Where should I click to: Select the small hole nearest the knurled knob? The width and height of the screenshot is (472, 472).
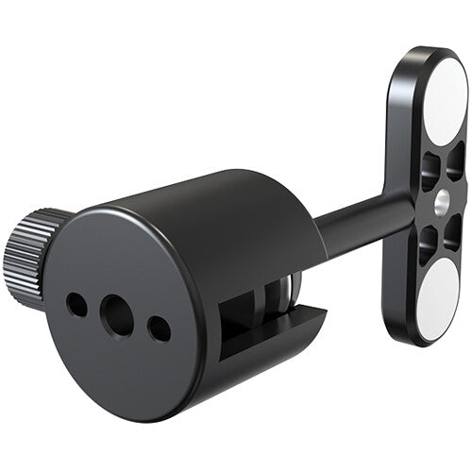click(x=76, y=303)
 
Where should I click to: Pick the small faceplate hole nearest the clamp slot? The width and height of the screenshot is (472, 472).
click(x=159, y=329)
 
